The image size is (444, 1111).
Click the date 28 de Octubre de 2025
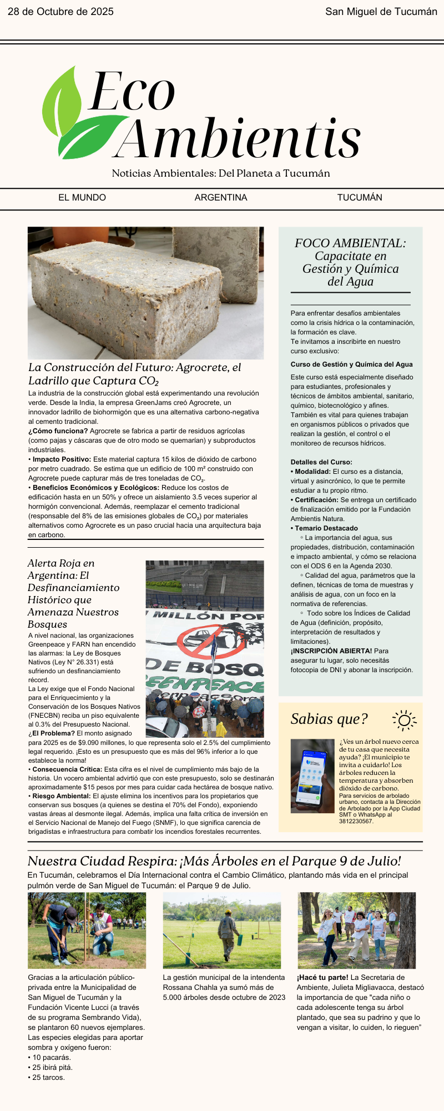[x=60, y=12]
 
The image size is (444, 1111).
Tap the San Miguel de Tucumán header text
[x=381, y=12]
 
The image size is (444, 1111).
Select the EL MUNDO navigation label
[x=82, y=198]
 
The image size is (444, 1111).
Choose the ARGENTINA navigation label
[x=221, y=198]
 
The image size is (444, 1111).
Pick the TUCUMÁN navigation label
[x=360, y=198]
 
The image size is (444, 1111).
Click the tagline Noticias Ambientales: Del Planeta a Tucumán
[x=221, y=173]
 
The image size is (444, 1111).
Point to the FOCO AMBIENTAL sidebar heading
[x=350, y=243]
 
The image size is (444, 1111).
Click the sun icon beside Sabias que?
[x=404, y=720]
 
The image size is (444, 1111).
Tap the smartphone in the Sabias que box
[x=312, y=775]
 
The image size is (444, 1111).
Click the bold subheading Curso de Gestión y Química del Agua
[x=351, y=364]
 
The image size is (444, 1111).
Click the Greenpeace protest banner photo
[x=204, y=648]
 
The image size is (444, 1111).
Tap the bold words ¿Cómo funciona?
[x=58, y=431]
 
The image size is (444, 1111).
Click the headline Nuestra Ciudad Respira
[x=214, y=861]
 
